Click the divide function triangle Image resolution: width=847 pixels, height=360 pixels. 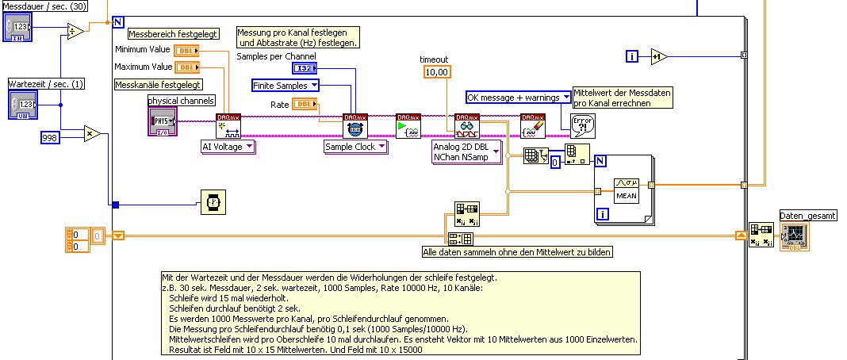(75, 32)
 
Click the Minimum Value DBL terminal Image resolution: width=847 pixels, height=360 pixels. (187, 51)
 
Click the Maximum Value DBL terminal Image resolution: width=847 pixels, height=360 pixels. (187, 67)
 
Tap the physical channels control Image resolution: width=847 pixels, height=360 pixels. (163, 121)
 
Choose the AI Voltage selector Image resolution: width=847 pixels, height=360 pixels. (228, 147)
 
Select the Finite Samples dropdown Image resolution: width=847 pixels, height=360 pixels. (286, 85)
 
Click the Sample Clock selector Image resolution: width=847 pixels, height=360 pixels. (355, 147)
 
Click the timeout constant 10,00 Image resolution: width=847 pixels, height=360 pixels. (436, 72)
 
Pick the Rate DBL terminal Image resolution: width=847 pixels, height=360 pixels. (305, 104)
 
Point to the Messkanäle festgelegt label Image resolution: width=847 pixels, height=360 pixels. (158, 84)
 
